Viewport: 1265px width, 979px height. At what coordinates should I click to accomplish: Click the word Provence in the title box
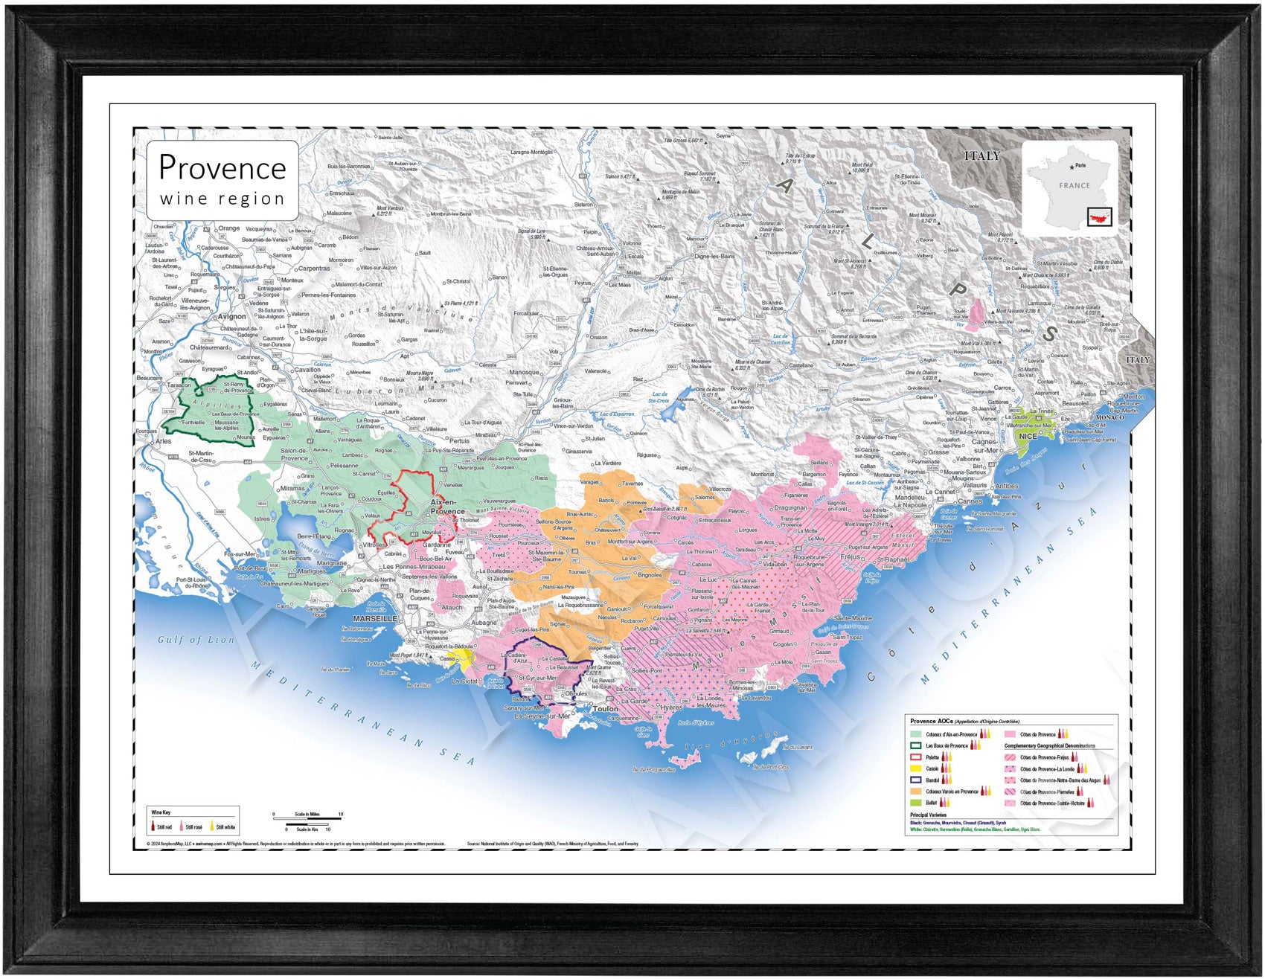click(222, 167)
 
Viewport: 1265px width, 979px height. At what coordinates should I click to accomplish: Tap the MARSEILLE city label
click(375, 618)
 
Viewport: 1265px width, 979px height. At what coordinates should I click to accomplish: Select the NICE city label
click(1028, 436)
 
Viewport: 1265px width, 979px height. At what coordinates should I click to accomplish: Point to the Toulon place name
click(605, 709)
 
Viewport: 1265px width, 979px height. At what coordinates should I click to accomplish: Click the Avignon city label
click(231, 316)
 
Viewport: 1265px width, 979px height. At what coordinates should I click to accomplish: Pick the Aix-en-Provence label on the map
click(447, 507)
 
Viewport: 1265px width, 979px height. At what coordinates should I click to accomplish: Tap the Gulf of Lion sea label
click(196, 639)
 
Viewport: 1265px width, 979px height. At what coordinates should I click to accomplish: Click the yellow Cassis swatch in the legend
click(916, 768)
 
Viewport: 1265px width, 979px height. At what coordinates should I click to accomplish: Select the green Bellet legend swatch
click(916, 803)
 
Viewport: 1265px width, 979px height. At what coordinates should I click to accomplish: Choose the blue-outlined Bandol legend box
click(916, 780)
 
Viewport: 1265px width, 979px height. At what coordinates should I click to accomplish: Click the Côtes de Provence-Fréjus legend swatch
click(1010, 757)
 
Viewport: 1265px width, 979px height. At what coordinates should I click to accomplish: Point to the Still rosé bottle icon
click(182, 826)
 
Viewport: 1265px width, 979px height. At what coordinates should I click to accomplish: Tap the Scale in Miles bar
click(307, 819)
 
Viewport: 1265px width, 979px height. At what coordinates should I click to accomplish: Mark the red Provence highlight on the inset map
click(1099, 217)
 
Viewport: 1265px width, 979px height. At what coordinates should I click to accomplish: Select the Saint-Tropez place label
click(847, 638)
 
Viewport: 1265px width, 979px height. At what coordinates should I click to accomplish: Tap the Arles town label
click(163, 441)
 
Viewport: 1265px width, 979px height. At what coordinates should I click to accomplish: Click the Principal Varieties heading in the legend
click(928, 815)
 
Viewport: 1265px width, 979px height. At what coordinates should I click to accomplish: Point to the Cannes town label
click(970, 501)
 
